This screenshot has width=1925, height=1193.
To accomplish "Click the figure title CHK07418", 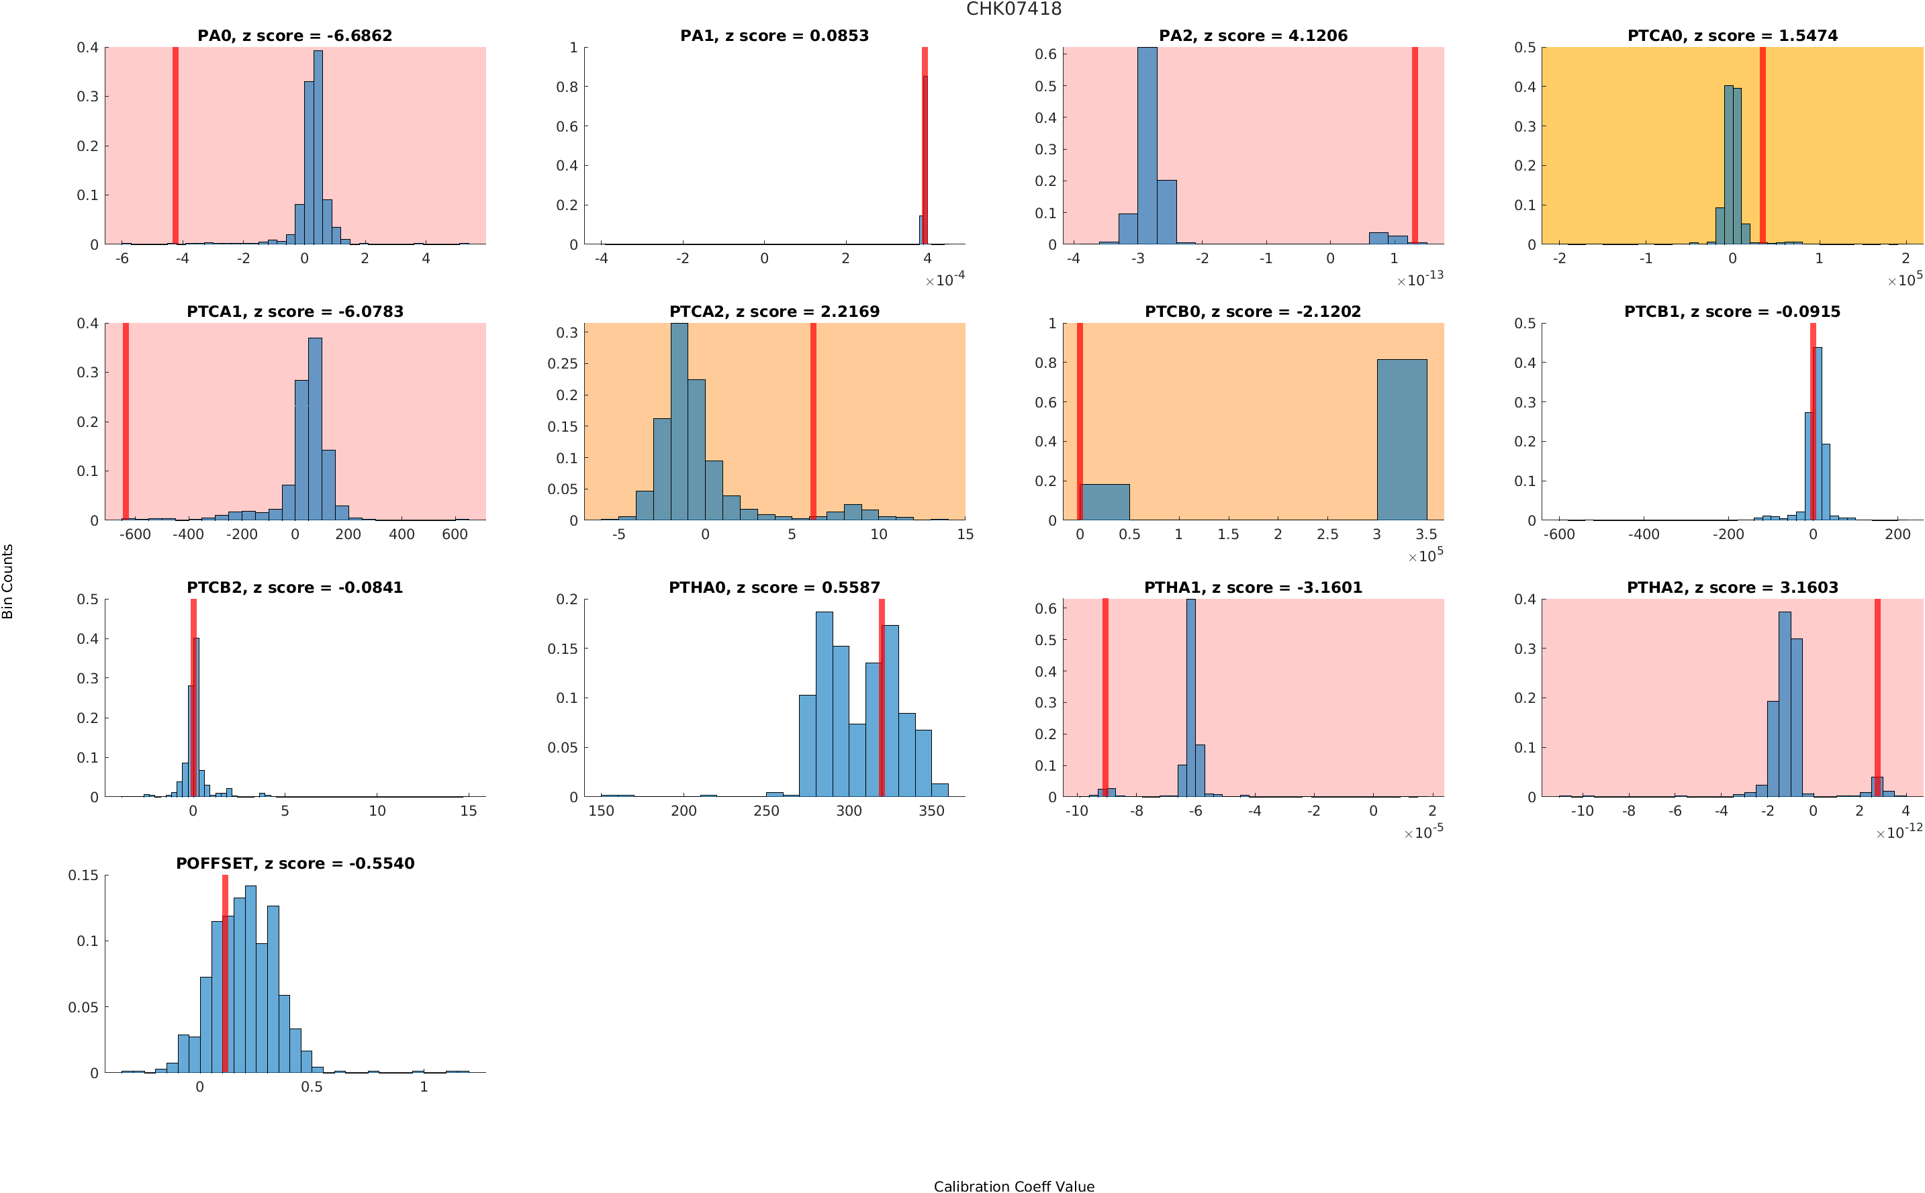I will pyautogui.click(x=1013, y=9).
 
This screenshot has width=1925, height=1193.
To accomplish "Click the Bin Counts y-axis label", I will pyautogui.click(x=8, y=581).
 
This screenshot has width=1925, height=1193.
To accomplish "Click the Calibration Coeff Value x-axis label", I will pyautogui.click(x=1013, y=1185).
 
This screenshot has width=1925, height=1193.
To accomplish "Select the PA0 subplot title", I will pyautogui.click(x=294, y=36).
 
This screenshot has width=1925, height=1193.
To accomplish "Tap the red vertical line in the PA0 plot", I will pyautogui.click(x=175, y=146).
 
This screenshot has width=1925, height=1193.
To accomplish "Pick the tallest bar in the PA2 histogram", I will pyautogui.click(x=1147, y=146).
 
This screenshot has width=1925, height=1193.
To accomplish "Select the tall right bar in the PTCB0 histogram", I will pyautogui.click(x=1401, y=440).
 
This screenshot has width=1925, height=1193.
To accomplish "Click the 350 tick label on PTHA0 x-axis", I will pyautogui.click(x=931, y=811).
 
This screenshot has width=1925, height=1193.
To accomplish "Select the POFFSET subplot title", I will pyautogui.click(x=294, y=863).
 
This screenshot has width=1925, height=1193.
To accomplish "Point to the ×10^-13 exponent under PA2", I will pyautogui.click(x=1419, y=279).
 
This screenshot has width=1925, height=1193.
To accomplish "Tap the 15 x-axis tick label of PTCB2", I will pyautogui.click(x=469, y=811).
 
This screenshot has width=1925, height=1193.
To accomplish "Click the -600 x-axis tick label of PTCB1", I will pyautogui.click(x=1559, y=535).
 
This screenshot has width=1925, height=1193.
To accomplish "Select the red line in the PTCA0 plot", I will pyautogui.click(x=1762, y=146).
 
